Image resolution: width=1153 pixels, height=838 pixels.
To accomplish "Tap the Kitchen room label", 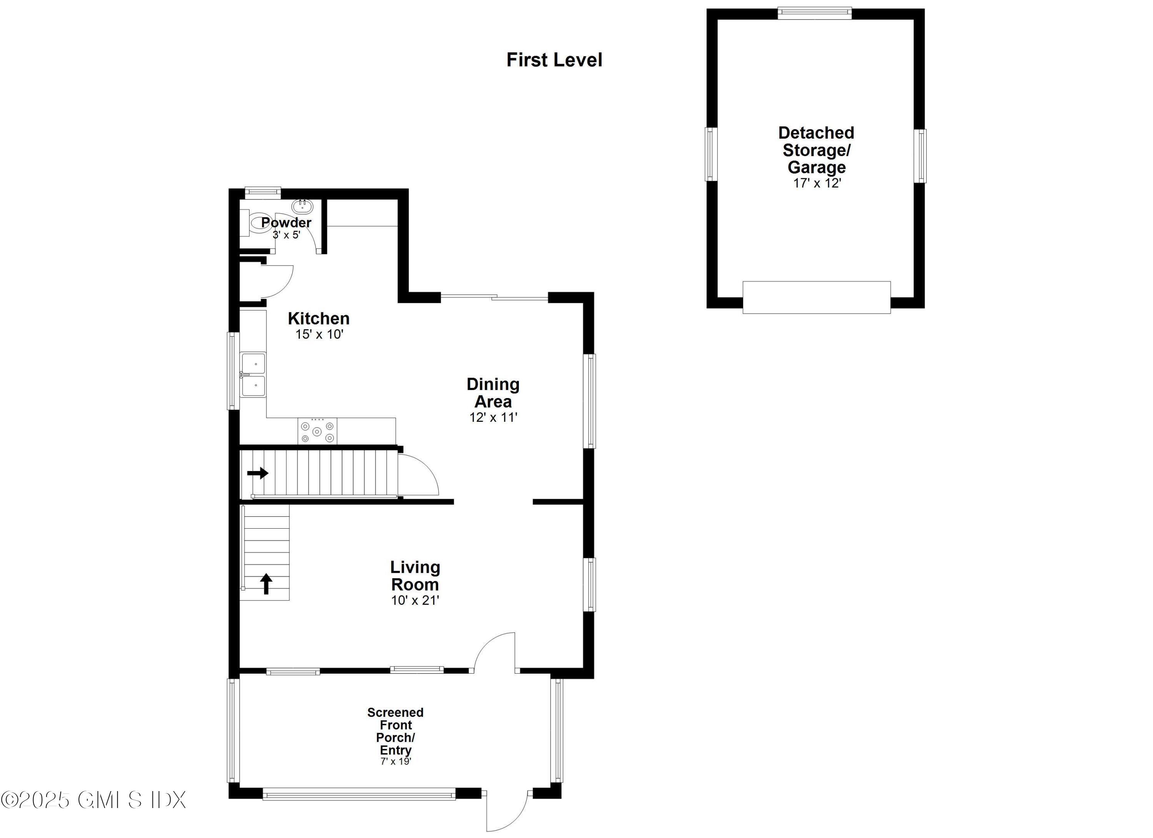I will coord(318,319).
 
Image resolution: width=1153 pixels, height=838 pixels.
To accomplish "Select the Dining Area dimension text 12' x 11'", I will coord(493,418).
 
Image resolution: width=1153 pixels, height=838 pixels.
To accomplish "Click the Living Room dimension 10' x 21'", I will coord(415,600).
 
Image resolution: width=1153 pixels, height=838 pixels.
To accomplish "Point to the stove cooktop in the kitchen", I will coord(317,431).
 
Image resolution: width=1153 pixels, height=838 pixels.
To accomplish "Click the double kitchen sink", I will coord(253,375).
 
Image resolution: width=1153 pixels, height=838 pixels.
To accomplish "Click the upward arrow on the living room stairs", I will coord(266,583).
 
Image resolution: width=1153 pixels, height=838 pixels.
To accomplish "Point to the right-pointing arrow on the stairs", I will coord(258,473).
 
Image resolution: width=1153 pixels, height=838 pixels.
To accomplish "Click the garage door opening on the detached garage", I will coord(816,297).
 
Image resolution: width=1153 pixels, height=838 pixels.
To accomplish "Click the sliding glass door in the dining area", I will coord(494,297).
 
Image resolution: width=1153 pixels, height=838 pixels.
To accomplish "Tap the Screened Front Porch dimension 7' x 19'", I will coord(395,761).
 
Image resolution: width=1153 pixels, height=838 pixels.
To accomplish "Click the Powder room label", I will coord(286,222).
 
